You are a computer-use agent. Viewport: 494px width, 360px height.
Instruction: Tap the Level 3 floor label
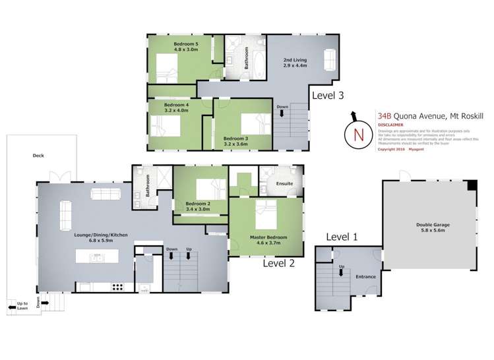(328, 95)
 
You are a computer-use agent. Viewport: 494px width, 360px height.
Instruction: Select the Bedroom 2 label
(197, 204)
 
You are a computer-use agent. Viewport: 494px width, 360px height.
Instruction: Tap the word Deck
(38, 156)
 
